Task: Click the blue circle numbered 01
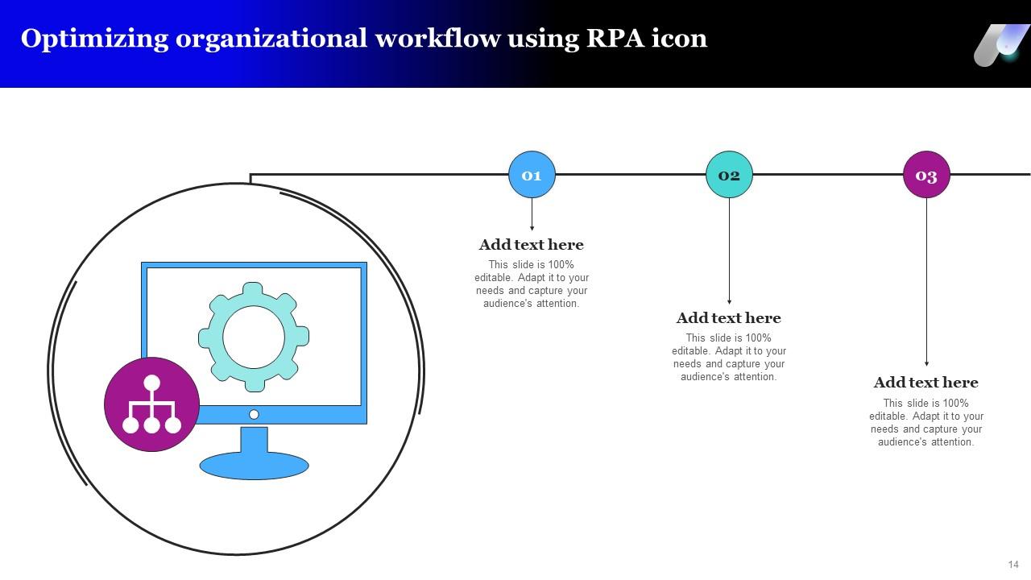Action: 532,175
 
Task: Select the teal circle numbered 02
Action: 729,175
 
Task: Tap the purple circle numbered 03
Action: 926,175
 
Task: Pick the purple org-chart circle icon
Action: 151,404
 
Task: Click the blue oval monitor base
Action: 254,466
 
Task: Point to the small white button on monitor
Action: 254,414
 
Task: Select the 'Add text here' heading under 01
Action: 531,245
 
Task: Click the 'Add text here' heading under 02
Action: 728,318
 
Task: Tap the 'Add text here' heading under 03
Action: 925,383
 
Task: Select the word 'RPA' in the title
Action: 615,39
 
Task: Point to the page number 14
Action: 1012,565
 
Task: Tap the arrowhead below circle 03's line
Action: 926,364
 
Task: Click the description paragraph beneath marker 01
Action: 531,284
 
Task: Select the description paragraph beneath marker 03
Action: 925,423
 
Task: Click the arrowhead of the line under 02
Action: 729,301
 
